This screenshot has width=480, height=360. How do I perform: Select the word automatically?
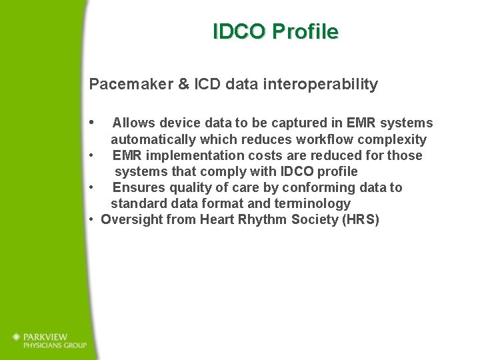[153, 140]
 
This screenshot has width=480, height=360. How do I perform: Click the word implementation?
[187, 155]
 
